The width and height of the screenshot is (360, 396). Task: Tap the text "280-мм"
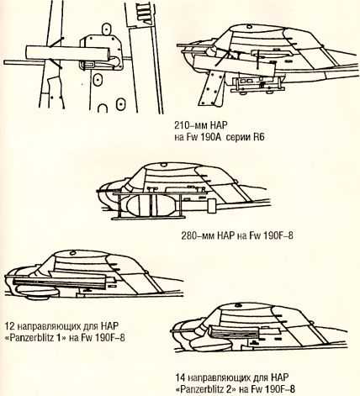[198, 235]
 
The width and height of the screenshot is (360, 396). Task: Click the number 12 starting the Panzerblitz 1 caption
[10, 326]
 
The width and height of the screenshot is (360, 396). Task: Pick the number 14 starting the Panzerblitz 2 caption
[181, 378]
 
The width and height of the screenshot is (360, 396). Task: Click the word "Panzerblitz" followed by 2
[201, 389]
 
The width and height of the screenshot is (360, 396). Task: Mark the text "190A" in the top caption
[211, 137]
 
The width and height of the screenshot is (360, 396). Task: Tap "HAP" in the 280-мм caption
[225, 235]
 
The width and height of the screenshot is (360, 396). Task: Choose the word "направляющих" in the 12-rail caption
[50, 327]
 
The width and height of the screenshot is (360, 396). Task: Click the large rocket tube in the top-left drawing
[67, 53]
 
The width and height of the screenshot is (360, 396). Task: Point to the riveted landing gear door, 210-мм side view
[211, 88]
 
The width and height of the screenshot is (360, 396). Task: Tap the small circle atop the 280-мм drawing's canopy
[164, 165]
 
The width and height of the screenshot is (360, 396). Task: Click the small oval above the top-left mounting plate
[107, 29]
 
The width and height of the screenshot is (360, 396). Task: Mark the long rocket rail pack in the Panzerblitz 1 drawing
[60, 281]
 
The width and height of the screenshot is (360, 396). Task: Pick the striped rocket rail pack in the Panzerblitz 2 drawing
[234, 332]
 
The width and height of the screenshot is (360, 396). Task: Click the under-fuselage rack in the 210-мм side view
[257, 84]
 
